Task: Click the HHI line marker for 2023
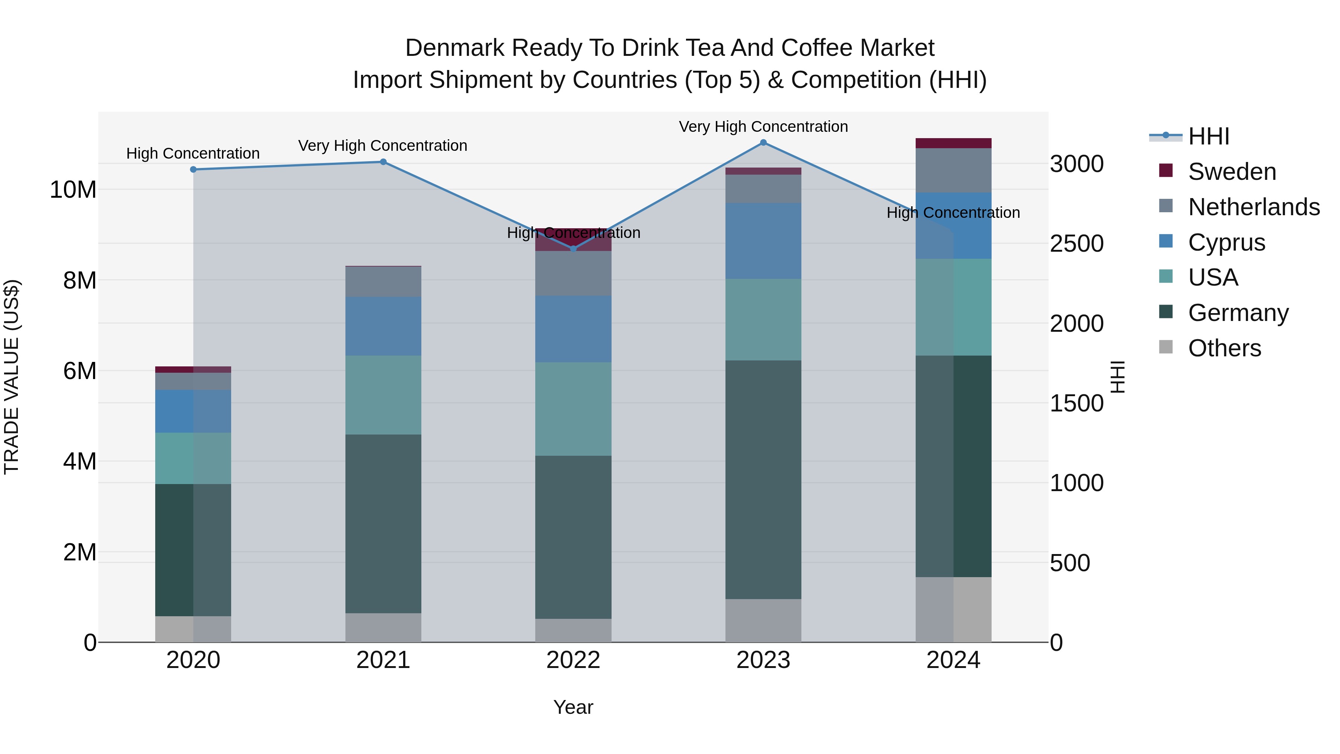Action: tap(763, 143)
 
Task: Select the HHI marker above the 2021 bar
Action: tap(383, 162)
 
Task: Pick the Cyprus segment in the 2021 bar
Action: tap(383, 326)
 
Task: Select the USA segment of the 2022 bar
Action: tap(573, 409)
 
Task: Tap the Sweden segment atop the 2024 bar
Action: tap(954, 143)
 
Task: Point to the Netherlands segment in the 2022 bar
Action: tap(573, 274)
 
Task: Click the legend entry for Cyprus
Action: tap(1226, 242)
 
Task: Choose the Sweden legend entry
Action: tap(1232, 172)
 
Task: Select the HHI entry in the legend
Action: tap(1208, 136)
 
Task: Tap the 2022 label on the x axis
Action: tap(573, 660)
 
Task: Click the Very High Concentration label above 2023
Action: tap(763, 127)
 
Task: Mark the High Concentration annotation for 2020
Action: tap(193, 153)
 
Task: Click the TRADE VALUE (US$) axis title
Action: tap(12, 377)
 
